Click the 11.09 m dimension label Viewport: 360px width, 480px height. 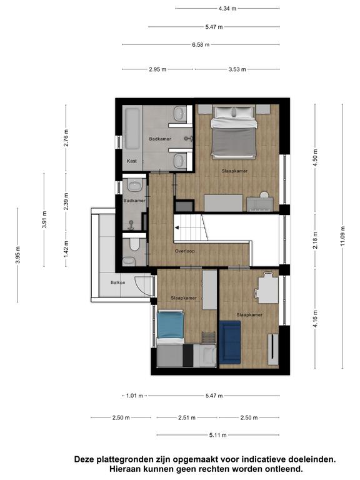(x=342, y=236)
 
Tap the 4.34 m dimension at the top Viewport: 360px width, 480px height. (x=227, y=9)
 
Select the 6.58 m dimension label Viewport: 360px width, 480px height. (x=201, y=45)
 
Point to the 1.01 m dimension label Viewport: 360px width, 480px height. (x=135, y=396)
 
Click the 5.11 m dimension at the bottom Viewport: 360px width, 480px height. (x=218, y=435)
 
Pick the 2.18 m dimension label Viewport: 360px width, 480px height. (x=316, y=240)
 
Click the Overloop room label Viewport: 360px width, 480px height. (x=185, y=251)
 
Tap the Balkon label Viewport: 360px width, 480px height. (x=118, y=282)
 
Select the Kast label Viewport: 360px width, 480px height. (x=132, y=161)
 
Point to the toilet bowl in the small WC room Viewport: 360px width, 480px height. (x=134, y=244)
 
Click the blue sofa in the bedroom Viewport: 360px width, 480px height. (x=230, y=342)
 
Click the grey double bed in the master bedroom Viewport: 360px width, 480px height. (x=233, y=132)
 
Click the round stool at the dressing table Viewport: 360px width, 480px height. (x=264, y=195)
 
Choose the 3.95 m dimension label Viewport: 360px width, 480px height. (x=18, y=255)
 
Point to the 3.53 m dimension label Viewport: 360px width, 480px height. (x=237, y=69)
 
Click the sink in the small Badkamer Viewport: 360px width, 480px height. (x=134, y=186)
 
